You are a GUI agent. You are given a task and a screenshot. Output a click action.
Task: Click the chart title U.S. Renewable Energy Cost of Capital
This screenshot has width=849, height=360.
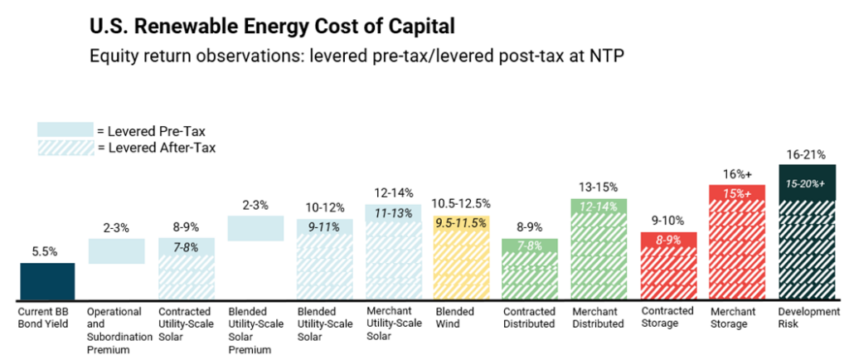(272, 27)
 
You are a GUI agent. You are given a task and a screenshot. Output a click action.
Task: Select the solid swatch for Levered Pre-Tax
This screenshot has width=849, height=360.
(65, 129)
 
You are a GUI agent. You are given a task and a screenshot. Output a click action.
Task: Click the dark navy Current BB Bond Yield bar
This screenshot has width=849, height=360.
(47, 281)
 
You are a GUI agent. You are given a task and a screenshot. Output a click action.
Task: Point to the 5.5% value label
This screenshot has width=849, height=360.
(47, 251)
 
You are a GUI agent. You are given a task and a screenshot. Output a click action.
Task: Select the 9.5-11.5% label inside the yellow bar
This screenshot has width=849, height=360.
(461, 222)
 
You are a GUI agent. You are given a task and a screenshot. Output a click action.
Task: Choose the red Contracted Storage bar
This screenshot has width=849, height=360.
(668, 267)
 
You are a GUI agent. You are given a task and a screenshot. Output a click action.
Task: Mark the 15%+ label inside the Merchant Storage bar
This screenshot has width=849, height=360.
(737, 193)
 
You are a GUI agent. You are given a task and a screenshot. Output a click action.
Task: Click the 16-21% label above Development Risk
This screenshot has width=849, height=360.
(806, 153)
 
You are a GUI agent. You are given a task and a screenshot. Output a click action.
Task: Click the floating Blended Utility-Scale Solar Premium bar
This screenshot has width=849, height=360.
(255, 228)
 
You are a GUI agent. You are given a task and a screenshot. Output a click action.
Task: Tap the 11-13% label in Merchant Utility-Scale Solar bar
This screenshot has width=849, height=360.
(393, 213)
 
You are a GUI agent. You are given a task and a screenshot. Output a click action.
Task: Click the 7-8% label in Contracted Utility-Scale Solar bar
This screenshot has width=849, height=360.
(187, 247)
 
